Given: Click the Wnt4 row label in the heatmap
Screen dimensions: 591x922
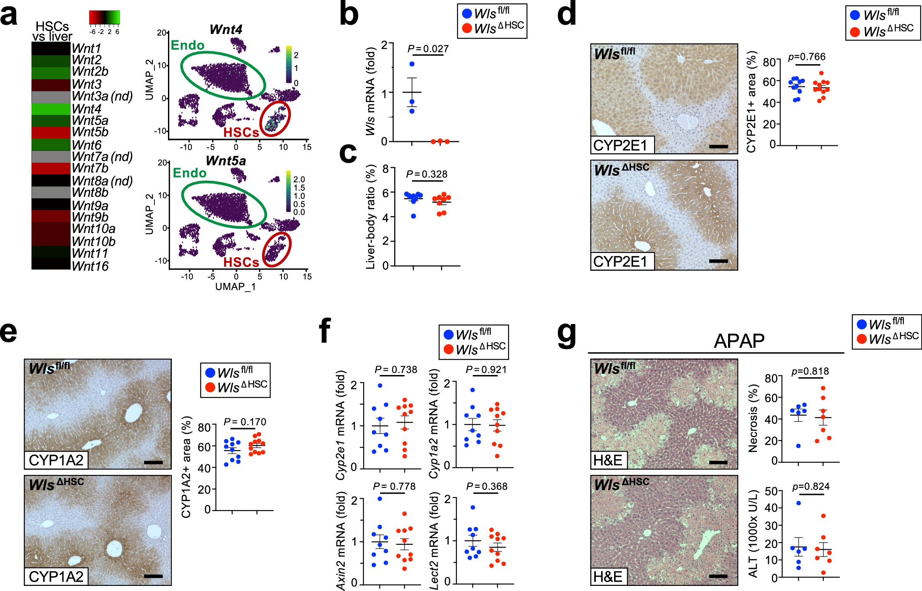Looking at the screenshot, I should (x=87, y=109).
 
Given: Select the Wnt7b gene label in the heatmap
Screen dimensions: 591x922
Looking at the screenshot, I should (x=90, y=168).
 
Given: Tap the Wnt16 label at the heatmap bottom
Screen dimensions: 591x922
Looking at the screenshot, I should (x=90, y=266).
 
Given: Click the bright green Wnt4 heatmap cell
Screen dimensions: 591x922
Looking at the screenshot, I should (x=51, y=109).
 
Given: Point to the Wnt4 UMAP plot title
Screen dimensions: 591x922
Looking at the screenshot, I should (x=226, y=30).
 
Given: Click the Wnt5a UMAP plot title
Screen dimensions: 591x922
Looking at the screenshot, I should (x=226, y=161).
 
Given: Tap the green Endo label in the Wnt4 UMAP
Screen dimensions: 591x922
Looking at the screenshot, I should (x=188, y=45).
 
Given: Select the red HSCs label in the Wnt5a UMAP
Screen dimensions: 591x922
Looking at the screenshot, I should (x=241, y=262).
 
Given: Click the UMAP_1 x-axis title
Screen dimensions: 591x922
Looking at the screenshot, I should (x=236, y=287).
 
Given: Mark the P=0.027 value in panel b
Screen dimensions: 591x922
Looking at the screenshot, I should (x=428, y=49).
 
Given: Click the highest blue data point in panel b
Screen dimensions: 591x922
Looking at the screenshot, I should (x=412, y=64).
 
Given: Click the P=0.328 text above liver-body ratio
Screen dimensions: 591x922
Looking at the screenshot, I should (x=427, y=174).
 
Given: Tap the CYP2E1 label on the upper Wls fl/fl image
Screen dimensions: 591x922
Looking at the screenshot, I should (x=620, y=145).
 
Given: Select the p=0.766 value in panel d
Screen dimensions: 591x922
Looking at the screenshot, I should (x=806, y=57).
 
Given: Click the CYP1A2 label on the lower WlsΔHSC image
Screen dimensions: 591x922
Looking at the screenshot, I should (x=56, y=577).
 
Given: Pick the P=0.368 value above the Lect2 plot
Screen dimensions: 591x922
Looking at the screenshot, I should (x=487, y=486).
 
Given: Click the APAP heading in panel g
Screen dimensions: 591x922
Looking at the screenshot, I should (x=739, y=341).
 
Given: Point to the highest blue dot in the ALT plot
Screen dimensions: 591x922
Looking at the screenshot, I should (x=798, y=503).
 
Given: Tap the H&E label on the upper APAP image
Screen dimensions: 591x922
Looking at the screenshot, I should (x=608, y=460).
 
